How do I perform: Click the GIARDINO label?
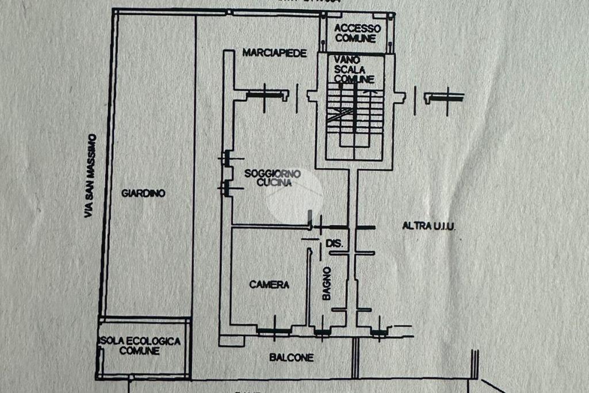click(x=143, y=193)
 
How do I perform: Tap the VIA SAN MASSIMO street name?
click(x=89, y=175)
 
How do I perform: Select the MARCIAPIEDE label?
click(x=273, y=53)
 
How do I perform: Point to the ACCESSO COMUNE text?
click(x=357, y=33)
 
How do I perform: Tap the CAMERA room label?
click(x=269, y=284)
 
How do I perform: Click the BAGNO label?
click(x=326, y=283)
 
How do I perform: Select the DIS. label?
click(x=334, y=244)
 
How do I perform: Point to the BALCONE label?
click(x=292, y=357)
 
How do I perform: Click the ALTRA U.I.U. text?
click(x=429, y=227)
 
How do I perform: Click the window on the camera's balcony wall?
click(x=272, y=331)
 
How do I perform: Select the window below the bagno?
click(x=322, y=331)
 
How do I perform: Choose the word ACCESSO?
click(x=357, y=28)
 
